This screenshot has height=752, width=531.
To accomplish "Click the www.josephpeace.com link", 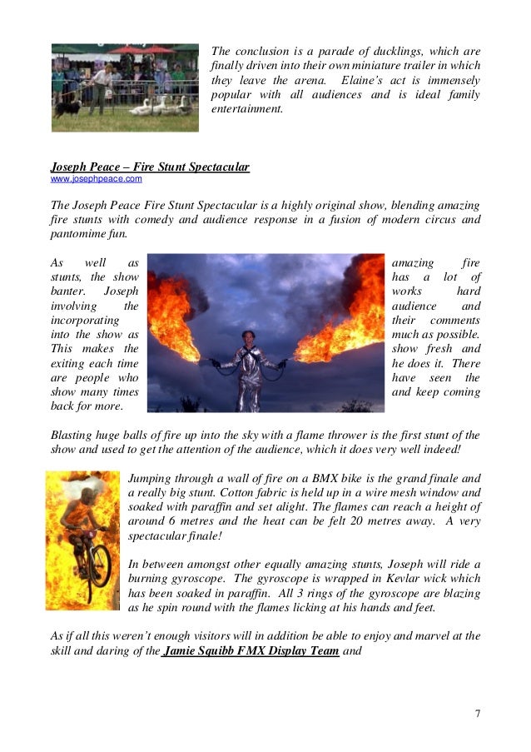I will click(97, 179).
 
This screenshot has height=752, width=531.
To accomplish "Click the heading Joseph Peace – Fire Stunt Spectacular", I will click(150, 167).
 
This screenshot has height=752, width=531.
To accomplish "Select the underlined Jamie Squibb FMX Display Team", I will click(251, 652).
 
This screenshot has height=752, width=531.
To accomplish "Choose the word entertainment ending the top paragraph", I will click(247, 111).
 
